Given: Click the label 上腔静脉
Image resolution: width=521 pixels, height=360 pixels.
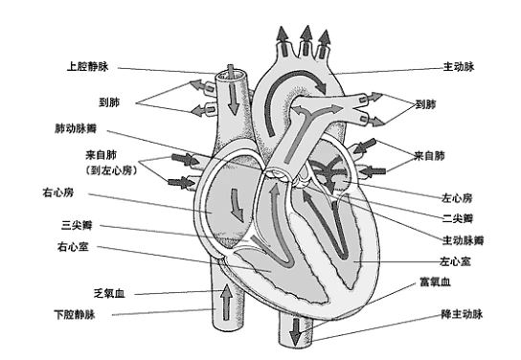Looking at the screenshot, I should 87,68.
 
